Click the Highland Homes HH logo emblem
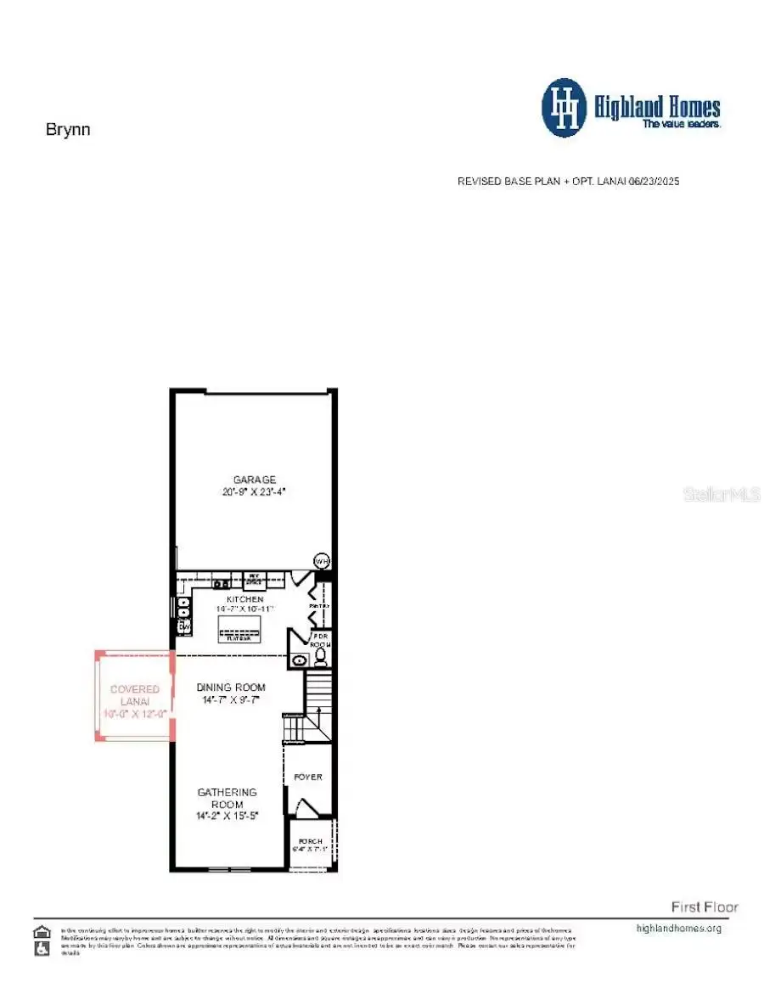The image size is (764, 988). click(x=564, y=108)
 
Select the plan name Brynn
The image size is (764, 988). click(x=67, y=130)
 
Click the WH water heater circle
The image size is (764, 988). click(x=322, y=561)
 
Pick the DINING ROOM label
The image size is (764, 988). click(x=231, y=688)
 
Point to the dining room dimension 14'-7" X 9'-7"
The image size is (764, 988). click(x=231, y=700)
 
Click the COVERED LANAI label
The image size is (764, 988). click(x=135, y=695)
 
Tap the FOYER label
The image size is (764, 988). click(x=308, y=777)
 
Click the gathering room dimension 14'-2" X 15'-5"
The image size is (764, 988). click(x=227, y=816)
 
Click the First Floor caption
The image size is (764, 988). click(x=705, y=907)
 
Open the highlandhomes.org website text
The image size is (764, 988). click(x=678, y=928)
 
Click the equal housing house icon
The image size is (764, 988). click(x=41, y=931)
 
